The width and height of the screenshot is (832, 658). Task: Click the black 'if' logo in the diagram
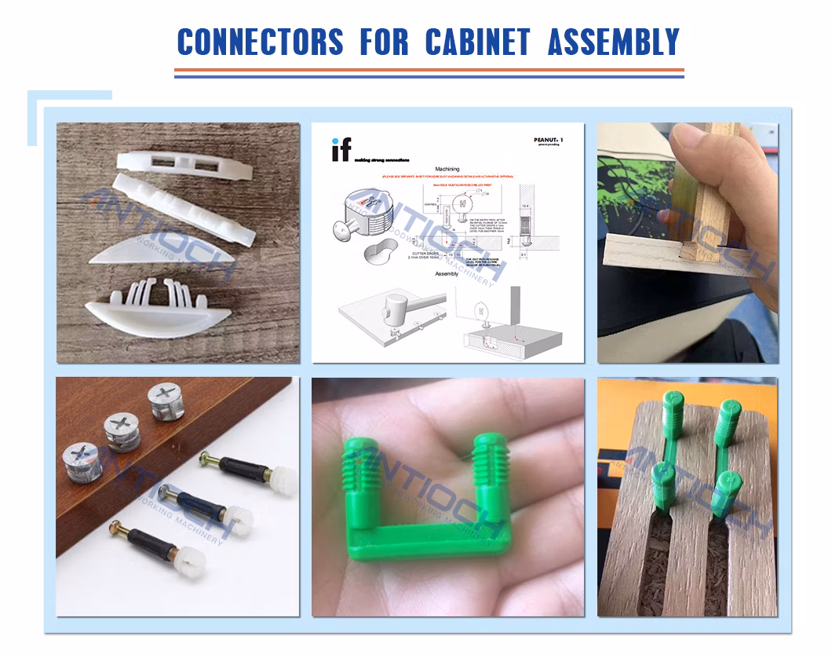(x=341, y=148)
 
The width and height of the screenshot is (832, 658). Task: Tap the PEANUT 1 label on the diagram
(x=547, y=140)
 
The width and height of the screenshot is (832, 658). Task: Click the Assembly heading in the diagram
(x=447, y=274)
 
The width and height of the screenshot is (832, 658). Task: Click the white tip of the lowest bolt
(x=188, y=562)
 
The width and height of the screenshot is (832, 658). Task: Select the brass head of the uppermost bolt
(x=206, y=458)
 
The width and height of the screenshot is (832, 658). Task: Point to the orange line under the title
(x=429, y=70)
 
